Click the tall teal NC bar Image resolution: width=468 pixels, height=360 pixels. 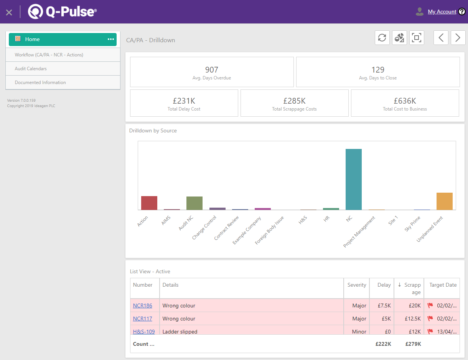(x=353, y=179)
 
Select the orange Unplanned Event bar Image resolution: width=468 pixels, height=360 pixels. (x=444, y=201)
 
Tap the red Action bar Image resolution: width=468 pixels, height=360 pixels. (x=149, y=203)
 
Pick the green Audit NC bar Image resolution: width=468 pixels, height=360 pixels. (x=194, y=203)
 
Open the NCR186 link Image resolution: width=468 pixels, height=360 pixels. (x=142, y=306)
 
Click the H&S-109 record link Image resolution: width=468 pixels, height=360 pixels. (x=144, y=331)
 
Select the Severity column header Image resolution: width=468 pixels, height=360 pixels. (x=356, y=285)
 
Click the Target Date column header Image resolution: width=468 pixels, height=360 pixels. (x=443, y=285)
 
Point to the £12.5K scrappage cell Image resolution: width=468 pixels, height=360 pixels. (x=413, y=319)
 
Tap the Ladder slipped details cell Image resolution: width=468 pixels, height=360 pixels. (x=180, y=331)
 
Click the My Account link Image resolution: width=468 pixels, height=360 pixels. (x=442, y=12)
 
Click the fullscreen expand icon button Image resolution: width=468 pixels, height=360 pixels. (x=416, y=38)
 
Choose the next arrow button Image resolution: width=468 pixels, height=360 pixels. (x=458, y=38)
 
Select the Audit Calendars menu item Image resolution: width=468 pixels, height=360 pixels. (x=31, y=69)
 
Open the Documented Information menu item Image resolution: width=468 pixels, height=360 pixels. (x=40, y=83)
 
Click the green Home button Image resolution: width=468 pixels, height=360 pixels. (x=63, y=39)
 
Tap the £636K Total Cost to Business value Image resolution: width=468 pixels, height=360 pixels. (x=405, y=101)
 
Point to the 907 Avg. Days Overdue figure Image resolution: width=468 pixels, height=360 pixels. (x=211, y=70)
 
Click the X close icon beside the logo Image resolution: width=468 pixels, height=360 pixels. (x=9, y=12)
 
